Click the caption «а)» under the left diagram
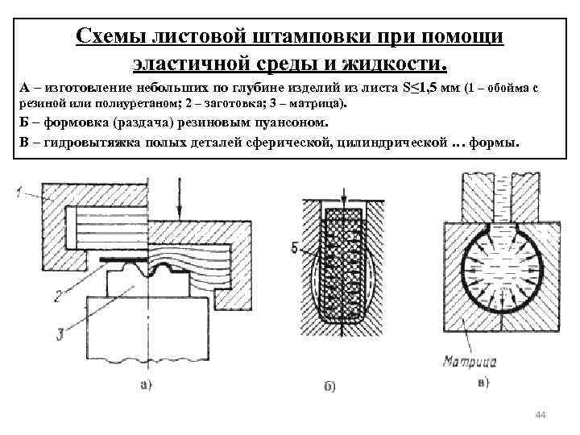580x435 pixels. [x=145, y=385]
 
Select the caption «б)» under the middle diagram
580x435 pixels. [x=329, y=387]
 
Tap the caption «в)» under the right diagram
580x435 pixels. [x=483, y=382]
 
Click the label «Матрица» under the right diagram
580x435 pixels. [x=470, y=361]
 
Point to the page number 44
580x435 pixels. [x=540, y=414]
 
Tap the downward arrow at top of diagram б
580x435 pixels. [x=345, y=196]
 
